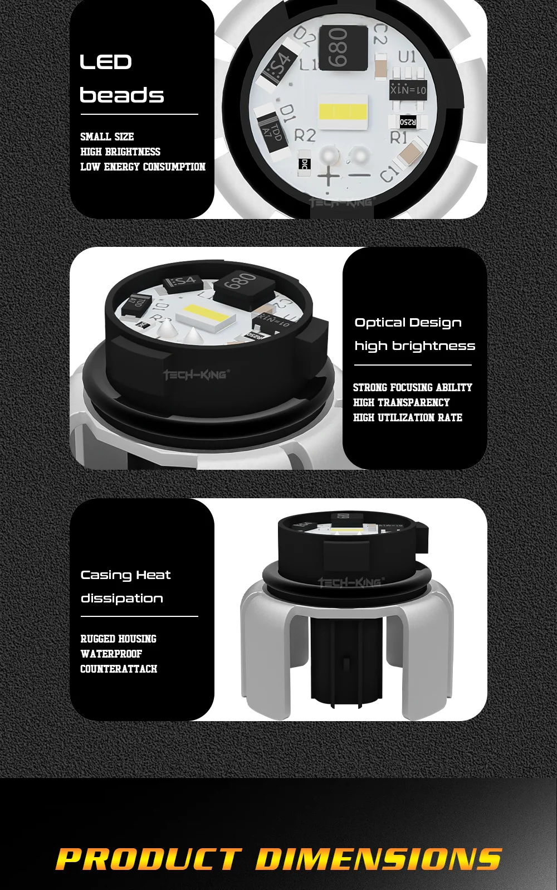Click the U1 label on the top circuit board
pos(407,56)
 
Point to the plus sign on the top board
pos(329,177)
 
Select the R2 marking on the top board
pos(305,135)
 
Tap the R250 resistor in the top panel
pos(408,121)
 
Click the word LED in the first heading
pos(106,62)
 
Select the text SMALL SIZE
pos(107,137)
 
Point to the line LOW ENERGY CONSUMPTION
pos(143,167)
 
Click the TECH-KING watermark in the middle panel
pos(196,375)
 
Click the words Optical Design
pos(408,323)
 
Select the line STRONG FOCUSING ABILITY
pos(412,387)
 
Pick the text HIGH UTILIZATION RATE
pos(407,417)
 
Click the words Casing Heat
pos(125,575)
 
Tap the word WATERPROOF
pos(111,654)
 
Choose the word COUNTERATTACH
pos(119,669)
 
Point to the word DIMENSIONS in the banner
pos(379,859)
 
